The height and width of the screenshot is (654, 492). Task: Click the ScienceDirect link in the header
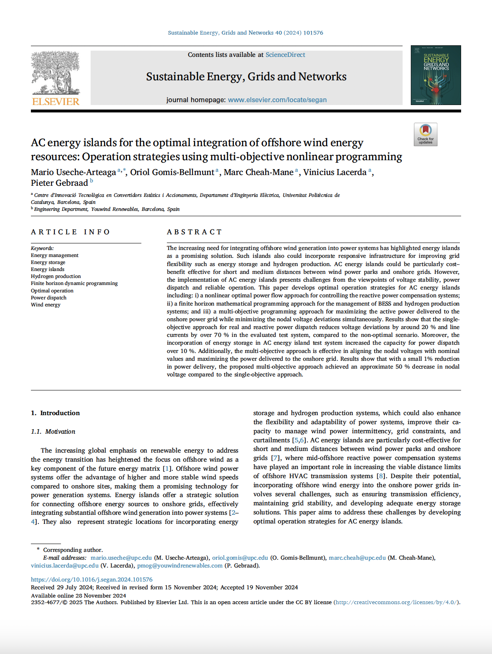[x=285, y=55]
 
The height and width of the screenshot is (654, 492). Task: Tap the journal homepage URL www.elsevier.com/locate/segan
[x=277, y=100]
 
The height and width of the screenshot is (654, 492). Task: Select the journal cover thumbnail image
[x=436, y=75]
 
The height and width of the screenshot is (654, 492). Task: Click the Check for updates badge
[x=425, y=134]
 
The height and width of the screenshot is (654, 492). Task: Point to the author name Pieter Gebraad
[x=59, y=183]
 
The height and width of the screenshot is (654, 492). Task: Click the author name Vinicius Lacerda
[x=335, y=172]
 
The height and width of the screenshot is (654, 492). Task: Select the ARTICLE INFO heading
[x=70, y=232]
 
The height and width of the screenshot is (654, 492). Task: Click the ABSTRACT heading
[x=194, y=232]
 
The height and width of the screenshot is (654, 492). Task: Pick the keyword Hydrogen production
[x=56, y=276]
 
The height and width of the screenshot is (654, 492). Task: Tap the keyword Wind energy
[x=46, y=305]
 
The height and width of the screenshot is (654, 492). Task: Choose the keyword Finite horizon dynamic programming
[x=74, y=283]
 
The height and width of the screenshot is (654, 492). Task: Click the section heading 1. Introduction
[x=55, y=413]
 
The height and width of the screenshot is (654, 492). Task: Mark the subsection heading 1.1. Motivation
[x=53, y=432]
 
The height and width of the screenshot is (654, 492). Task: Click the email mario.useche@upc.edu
[x=121, y=558]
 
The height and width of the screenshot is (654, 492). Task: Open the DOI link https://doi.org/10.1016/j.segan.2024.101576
[x=91, y=579]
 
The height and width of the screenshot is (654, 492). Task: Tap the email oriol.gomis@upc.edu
[x=240, y=558]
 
